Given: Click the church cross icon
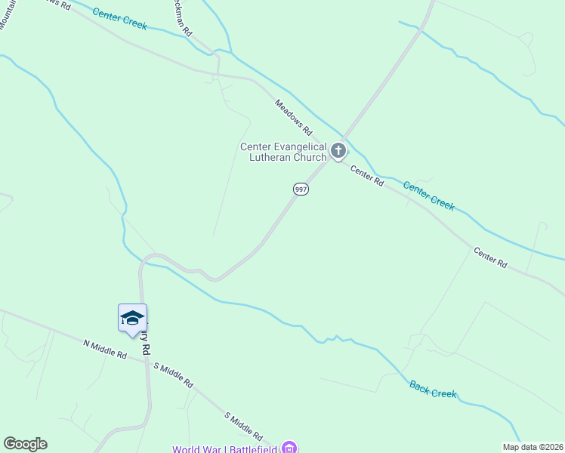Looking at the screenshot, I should coord(338,151).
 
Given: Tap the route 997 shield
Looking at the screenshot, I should coord(301,190).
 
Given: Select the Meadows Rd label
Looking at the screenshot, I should coord(293,118).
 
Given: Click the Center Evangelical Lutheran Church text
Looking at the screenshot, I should coord(283,152).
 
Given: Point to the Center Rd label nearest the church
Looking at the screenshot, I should coord(367,176).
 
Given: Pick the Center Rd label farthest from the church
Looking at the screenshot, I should coord(490,257).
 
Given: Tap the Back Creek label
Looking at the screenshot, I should coord(434,390).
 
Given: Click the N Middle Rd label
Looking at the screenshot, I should coord(105,349).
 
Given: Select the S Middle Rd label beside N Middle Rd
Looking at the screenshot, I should coord(173,374).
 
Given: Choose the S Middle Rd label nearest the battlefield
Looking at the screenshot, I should coord(243,427).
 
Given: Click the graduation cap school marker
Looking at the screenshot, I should coord(132,317).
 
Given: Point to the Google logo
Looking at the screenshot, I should coord(25,444).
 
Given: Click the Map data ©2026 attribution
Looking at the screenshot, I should coord(533,447).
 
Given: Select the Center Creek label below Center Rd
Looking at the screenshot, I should coord(428,196).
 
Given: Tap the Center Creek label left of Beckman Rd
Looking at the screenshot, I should coord(119,18).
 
